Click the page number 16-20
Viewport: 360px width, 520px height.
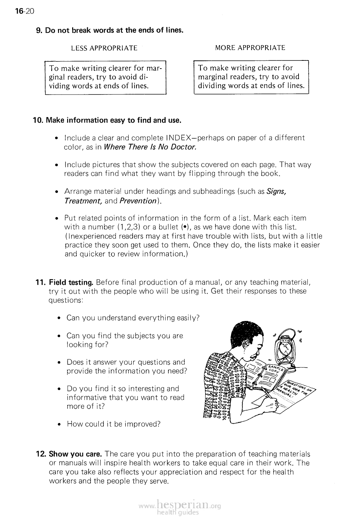[25, 12]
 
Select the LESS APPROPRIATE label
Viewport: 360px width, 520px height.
[104, 48]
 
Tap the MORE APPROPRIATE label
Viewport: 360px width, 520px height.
[250, 48]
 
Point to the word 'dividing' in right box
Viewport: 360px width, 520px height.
[211, 86]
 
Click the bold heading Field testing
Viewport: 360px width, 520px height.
[71, 283]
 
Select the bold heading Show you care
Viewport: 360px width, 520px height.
[75, 454]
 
